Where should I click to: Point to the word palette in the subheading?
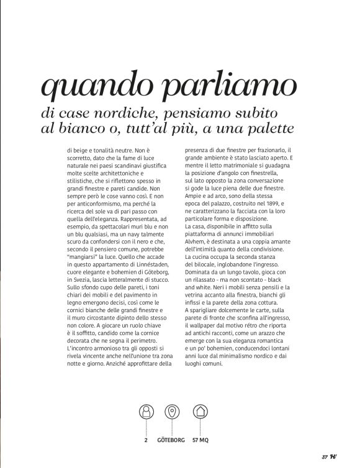point(265,130)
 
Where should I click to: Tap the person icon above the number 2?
point(146,412)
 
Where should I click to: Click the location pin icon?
point(172,412)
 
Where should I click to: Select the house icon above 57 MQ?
point(199,412)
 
